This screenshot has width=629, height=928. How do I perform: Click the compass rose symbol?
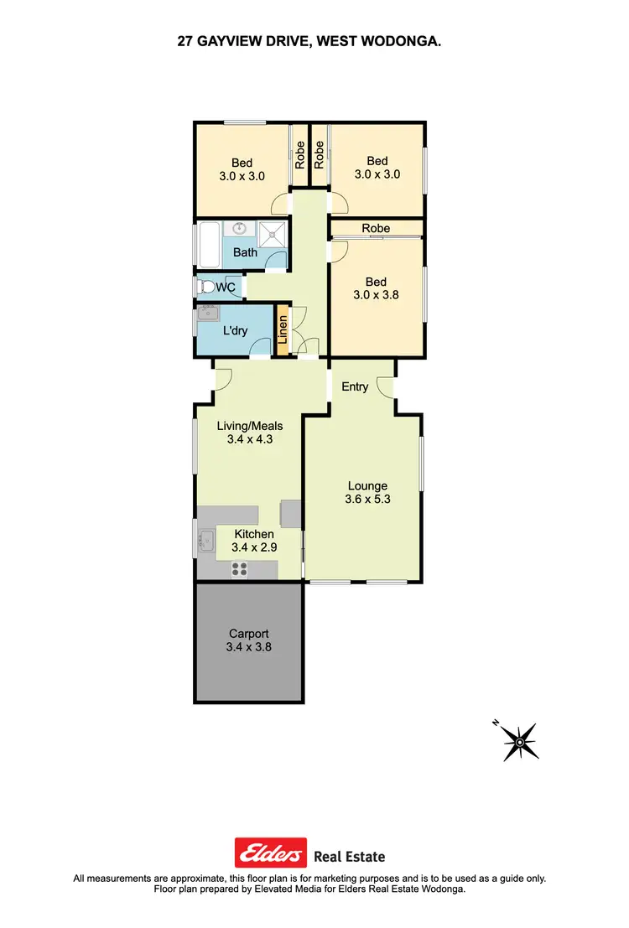tap(519, 741)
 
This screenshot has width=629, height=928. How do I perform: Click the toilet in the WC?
tap(205, 288)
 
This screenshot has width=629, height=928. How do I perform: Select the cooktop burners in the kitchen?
tap(240, 569)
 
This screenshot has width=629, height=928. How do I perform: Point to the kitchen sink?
tap(204, 542)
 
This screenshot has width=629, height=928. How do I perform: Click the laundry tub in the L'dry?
tap(207, 316)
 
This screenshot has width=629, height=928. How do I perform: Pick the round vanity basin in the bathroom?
tap(239, 227)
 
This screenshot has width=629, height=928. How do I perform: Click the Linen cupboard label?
tap(283, 330)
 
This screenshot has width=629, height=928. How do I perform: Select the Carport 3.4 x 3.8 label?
tap(248, 640)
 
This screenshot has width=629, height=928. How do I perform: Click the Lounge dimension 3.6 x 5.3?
tap(368, 500)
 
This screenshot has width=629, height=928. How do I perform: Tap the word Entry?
tap(355, 386)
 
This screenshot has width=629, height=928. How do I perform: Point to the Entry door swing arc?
tap(385, 386)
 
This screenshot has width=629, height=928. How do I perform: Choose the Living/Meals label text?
tap(250, 426)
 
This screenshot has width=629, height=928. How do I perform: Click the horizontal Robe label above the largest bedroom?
tap(376, 228)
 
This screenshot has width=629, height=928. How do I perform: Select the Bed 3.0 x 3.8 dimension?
tap(377, 294)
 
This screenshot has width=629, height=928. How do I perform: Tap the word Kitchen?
tap(253, 534)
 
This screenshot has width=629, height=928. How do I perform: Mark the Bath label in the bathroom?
tap(245, 252)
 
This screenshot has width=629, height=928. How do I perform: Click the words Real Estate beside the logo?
tap(349, 856)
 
